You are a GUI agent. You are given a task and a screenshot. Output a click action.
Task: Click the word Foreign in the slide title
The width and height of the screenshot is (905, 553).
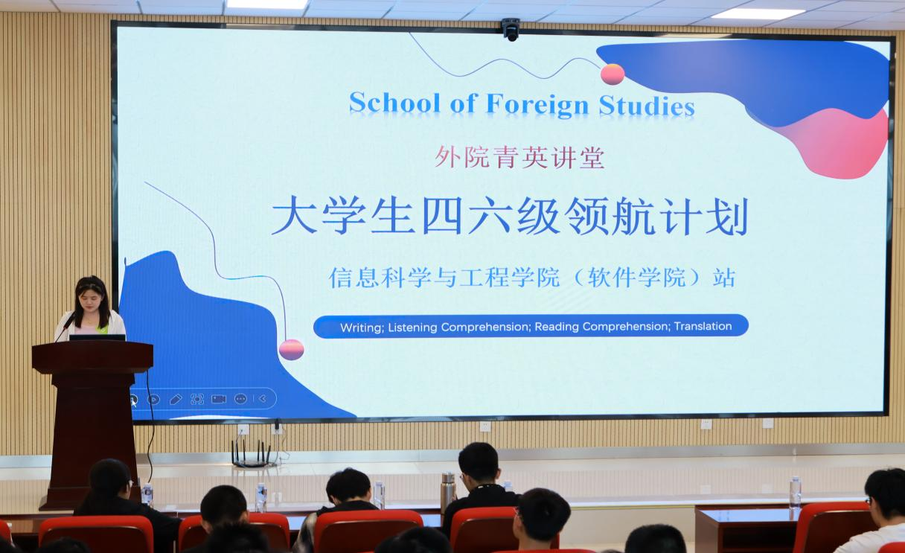click(537, 105)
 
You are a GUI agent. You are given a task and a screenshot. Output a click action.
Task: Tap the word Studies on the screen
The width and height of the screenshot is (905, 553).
click(647, 105)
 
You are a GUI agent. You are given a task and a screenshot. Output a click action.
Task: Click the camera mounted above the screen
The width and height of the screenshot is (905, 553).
click(511, 29)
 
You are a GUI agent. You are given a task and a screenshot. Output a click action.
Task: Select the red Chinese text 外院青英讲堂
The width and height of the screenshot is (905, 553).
click(519, 157)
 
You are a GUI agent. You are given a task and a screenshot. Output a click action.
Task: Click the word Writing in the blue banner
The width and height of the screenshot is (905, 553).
click(362, 327)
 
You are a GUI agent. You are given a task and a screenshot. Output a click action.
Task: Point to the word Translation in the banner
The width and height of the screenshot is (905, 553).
click(703, 326)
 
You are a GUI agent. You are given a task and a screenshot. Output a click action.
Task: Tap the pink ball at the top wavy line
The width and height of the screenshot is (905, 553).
click(613, 74)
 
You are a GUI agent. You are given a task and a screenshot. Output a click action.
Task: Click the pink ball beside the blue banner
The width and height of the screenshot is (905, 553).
click(291, 349)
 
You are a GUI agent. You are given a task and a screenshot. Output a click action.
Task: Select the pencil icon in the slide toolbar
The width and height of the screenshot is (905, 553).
click(176, 400)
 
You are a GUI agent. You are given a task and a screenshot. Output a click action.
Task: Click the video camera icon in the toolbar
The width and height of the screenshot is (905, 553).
click(219, 399)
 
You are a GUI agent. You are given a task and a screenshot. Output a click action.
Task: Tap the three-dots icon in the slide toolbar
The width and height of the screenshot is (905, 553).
click(240, 399)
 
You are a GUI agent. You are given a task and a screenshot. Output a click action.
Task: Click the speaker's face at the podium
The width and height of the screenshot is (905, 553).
click(91, 301)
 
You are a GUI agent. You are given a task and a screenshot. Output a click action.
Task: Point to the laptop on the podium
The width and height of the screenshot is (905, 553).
click(97, 337)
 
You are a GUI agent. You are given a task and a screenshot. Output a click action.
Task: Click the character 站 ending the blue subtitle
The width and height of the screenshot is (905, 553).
click(723, 278)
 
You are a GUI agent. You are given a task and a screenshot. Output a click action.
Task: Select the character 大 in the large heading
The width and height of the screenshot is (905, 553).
click(294, 216)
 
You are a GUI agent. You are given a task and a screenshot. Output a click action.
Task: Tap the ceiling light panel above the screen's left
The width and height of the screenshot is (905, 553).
click(267, 4)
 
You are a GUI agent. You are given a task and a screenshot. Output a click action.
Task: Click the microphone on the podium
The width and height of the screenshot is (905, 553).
click(65, 327)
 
